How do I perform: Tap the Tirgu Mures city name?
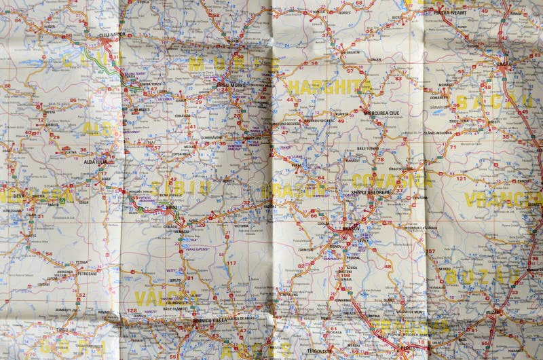(233, 84)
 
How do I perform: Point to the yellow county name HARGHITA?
(329, 87)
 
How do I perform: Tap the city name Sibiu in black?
(172, 208)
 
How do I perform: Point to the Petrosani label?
(87, 273)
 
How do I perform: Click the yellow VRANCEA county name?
(502, 199)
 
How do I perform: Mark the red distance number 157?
(430, 251)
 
